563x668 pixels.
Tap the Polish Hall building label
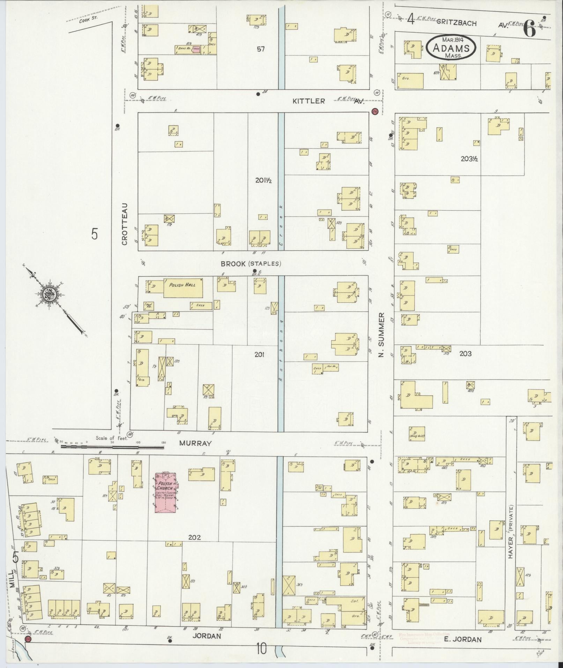tap(182, 285)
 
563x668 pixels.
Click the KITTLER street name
tap(309, 101)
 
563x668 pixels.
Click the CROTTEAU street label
tap(125, 224)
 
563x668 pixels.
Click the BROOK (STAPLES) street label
tap(251, 264)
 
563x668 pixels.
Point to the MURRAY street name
tap(195, 443)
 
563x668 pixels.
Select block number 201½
tap(263, 181)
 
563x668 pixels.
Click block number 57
tap(260, 49)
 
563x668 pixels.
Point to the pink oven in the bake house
tap(196, 49)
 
